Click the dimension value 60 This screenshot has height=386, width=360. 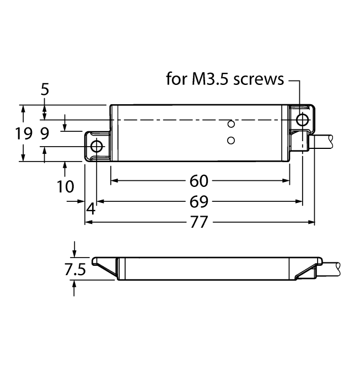click(200, 181)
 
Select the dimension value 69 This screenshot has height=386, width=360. click(200, 202)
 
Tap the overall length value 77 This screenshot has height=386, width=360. click(200, 222)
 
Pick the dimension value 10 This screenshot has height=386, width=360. click(65, 186)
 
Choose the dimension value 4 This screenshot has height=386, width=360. click(90, 210)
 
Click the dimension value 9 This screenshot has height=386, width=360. click(45, 133)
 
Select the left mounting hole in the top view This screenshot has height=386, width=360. click(96, 146)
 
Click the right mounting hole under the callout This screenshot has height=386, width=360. click(302, 119)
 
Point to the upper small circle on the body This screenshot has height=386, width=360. click(232, 124)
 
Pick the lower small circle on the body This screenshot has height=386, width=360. click(232, 140)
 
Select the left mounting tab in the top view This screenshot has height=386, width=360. click(98, 146)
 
